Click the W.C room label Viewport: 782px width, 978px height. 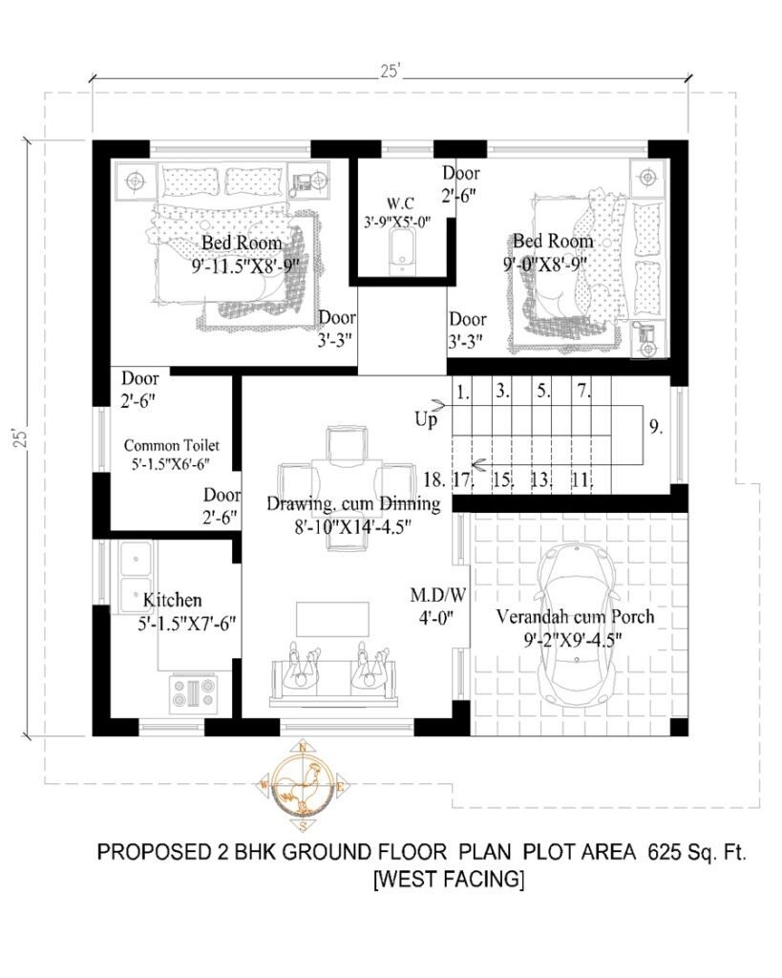tap(399, 203)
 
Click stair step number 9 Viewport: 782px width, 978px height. tap(656, 427)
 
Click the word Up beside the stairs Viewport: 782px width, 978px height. tap(427, 418)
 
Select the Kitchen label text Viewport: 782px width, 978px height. tap(172, 601)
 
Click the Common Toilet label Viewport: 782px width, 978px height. tap(172, 445)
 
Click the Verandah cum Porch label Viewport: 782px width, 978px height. tap(575, 617)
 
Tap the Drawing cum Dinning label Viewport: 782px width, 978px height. tap(353, 503)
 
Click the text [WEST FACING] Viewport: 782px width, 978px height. tap(448, 878)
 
